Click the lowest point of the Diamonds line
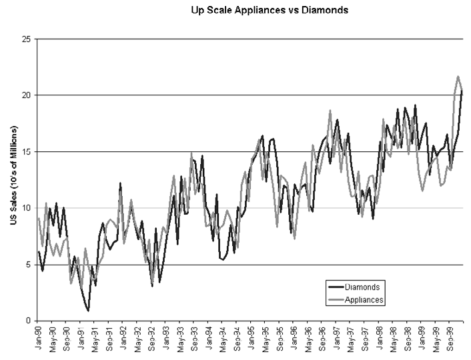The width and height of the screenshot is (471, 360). (88, 311)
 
